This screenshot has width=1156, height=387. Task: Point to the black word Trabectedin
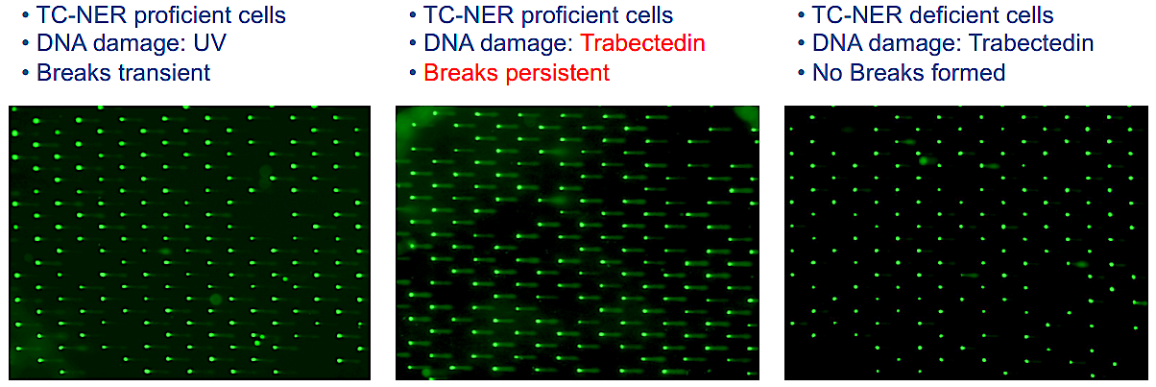[x=1031, y=44]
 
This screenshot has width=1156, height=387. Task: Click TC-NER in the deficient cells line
[x=851, y=16]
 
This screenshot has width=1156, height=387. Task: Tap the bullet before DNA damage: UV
[x=25, y=44]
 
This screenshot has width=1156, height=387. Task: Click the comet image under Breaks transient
[x=189, y=243]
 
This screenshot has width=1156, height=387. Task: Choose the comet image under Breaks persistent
[x=577, y=243]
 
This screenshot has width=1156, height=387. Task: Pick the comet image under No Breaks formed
[x=966, y=243]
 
